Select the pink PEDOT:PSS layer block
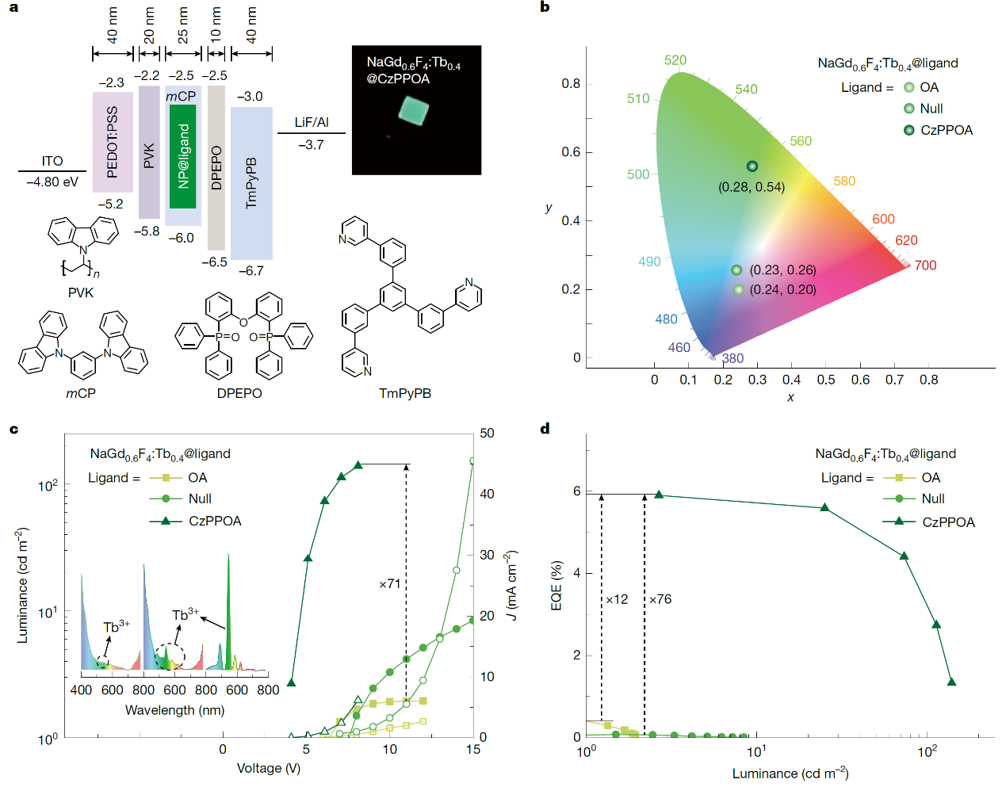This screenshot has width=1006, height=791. (x=113, y=142)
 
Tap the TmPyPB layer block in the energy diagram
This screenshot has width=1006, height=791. (x=251, y=183)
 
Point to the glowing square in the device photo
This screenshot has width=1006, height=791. (x=413, y=111)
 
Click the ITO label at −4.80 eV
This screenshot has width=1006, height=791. (x=52, y=162)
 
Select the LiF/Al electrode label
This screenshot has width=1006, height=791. (x=312, y=122)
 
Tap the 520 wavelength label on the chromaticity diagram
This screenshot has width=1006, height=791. (x=675, y=60)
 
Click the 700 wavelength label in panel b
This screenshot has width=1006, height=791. (x=925, y=266)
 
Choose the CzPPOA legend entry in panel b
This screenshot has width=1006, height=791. (x=946, y=130)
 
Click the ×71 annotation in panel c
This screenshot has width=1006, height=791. (x=390, y=584)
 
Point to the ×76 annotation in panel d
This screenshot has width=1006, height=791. (x=660, y=599)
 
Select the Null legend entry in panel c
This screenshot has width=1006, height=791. (x=200, y=499)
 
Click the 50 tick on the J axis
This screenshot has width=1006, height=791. (x=487, y=434)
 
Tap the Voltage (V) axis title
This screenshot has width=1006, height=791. (x=269, y=768)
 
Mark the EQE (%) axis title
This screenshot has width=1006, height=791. (x=557, y=586)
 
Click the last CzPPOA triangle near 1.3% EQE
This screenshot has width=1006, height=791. (x=951, y=682)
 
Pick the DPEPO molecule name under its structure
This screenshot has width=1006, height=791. (x=239, y=393)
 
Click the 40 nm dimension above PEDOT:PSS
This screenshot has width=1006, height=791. (x=113, y=25)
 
